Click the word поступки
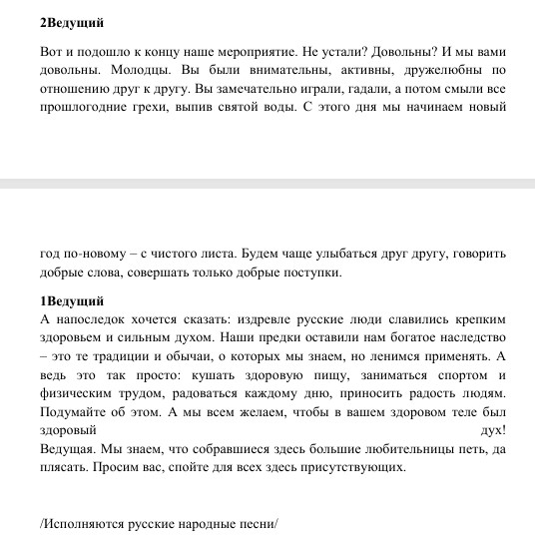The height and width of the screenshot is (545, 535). (311, 272)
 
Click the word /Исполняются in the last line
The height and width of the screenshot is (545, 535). (81, 522)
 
